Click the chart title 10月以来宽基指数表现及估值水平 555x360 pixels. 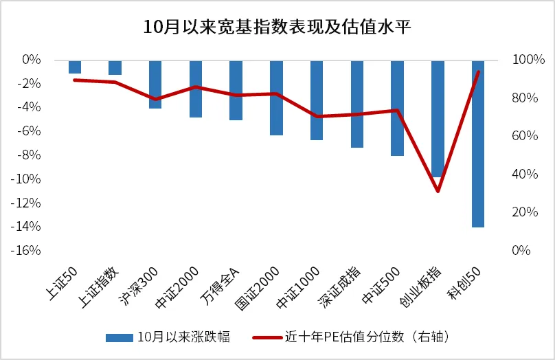click(x=277, y=27)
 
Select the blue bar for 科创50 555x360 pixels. click(x=478, y=144)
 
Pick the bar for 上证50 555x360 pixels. click(x=75, y=67)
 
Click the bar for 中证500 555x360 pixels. click(x=397, y=108)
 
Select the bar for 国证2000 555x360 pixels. click(x=276, y=98)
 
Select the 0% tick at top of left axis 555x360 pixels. click(x=33, y=60)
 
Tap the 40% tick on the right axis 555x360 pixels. click(x=522, y=175)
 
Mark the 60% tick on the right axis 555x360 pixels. click(x=522, y=136)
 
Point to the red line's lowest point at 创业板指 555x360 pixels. click(x=438, y=191)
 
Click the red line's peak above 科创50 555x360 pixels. click(x=478, y=71)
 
